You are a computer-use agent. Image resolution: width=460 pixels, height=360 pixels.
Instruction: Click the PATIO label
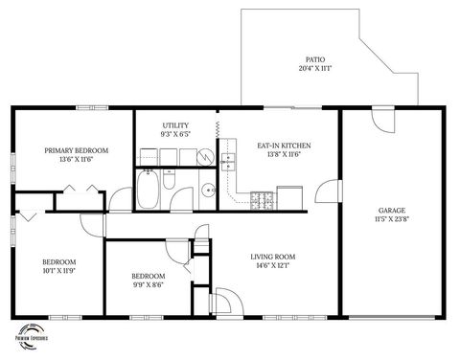pyautogui.click(x=314, y=58)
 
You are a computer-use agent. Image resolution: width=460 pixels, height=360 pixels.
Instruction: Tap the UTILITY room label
pyautogui.click(x=175, y=125)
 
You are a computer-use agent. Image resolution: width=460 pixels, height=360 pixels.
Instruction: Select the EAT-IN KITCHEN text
pyautogui.click(x=284, y=146)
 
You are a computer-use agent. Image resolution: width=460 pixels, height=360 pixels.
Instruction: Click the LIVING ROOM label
pyautogui.click(x=273, y=257)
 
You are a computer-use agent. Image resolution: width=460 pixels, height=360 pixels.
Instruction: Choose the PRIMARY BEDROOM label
pyautogui.click(x=77, y=150)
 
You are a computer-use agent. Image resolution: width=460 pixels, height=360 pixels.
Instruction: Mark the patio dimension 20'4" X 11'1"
pyautogui.click(x=314, y=69)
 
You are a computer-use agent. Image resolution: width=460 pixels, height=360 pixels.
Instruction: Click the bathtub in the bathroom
pyautogui.click(x=149, y=191)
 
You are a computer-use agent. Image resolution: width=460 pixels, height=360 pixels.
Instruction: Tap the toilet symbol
pyautogui.click(x=169, y=179)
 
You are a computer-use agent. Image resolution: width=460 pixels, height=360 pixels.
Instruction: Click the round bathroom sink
pyautogui.click(x=208, y=190)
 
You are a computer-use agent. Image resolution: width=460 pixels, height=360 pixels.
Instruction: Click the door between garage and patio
pyautogui.click(x=382, y=122)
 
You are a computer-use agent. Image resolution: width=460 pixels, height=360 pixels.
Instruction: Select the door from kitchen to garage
pyautogui.click(x=329, y=191)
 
